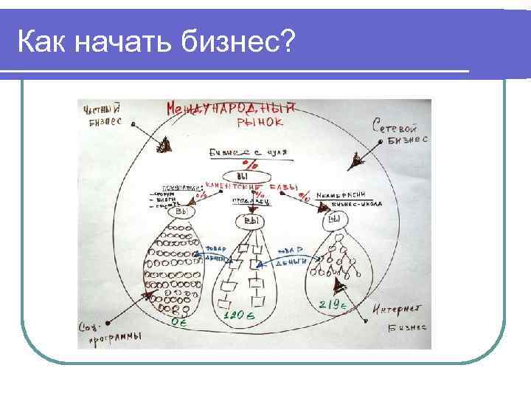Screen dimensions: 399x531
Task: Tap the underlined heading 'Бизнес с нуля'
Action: click(x=246, y=152)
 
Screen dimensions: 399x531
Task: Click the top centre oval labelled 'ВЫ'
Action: click(x=243, y=175)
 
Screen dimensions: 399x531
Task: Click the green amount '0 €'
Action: click(x=178, y=322)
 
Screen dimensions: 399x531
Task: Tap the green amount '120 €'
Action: click(x=239, y=316)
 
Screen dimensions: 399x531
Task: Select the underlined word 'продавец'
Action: click(x=246, y=200)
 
